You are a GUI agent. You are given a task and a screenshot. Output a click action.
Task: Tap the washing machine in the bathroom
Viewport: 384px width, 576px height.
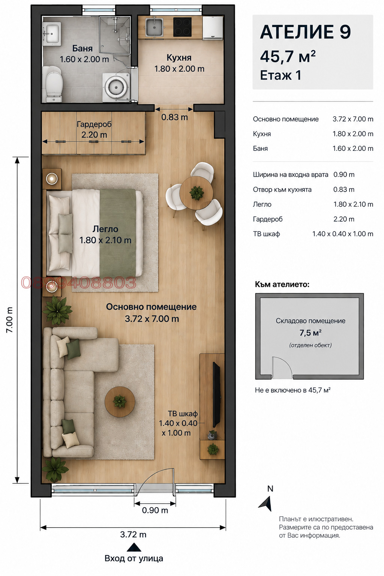(x=116, y=87)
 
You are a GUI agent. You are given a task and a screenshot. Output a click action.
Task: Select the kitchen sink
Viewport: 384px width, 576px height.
(x=154, y=27)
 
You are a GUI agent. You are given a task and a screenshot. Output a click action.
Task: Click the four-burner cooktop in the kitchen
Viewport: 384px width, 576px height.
(x=182, y=27)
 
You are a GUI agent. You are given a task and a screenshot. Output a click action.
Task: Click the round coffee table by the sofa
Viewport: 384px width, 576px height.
(x=120, y=402)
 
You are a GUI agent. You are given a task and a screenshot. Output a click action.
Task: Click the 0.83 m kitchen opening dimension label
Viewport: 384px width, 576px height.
(x=174, y=117)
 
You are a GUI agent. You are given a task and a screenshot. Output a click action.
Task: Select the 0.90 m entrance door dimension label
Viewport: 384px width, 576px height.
(x=155, y=510)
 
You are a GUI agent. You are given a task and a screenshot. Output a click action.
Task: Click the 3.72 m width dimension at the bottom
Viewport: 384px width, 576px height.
(x=133, y=535)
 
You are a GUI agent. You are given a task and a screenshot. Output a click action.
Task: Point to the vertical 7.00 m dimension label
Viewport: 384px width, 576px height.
(x=9, y=320)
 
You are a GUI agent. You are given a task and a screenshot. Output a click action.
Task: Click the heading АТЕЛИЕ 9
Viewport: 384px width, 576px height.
(x=305, y=32)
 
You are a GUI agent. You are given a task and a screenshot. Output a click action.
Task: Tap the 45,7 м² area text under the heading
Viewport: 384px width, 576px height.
(x=288, y=56)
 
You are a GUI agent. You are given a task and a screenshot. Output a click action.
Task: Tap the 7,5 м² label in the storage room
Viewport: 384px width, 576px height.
(x=310, y=333)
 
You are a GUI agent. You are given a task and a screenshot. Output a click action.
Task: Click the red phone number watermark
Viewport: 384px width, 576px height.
(x=78, y=282)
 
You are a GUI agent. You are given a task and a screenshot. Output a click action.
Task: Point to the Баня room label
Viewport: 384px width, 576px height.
(x=82, y=48)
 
